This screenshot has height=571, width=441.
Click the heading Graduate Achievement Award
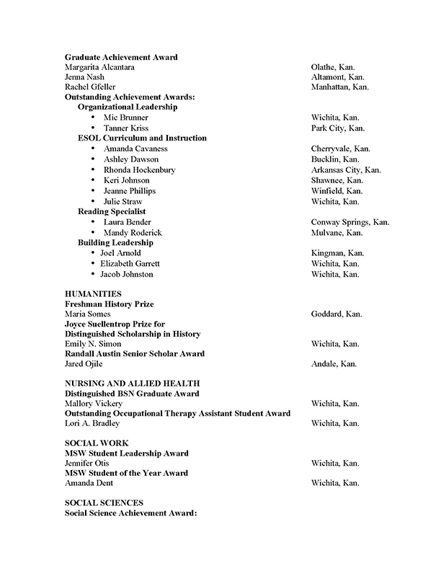click(x=121, y=56)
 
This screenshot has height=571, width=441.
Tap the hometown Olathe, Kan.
click(x=333, y=67)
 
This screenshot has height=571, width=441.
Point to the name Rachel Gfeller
click(x=89, y=87)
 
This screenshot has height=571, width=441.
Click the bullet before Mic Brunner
click(x=94, y=117)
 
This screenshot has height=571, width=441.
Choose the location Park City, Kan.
click(x=338, y=128)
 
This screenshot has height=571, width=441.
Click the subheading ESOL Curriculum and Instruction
click(x=142, y=138)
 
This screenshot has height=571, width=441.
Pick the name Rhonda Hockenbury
click(x=139, y=169)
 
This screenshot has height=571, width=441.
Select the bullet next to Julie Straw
click(x=94, y=201)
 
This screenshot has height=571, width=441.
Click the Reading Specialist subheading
click(x=112, y=211)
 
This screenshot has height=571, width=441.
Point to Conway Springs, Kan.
click(x=349, y=222)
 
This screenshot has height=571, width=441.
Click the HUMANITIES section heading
click(x=93, y=294)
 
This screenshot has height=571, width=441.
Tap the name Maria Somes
click(x=88, y=314)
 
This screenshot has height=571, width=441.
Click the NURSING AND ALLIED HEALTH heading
click(x=132, y=383)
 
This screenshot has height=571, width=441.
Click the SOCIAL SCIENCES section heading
click(x=104, y=502)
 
